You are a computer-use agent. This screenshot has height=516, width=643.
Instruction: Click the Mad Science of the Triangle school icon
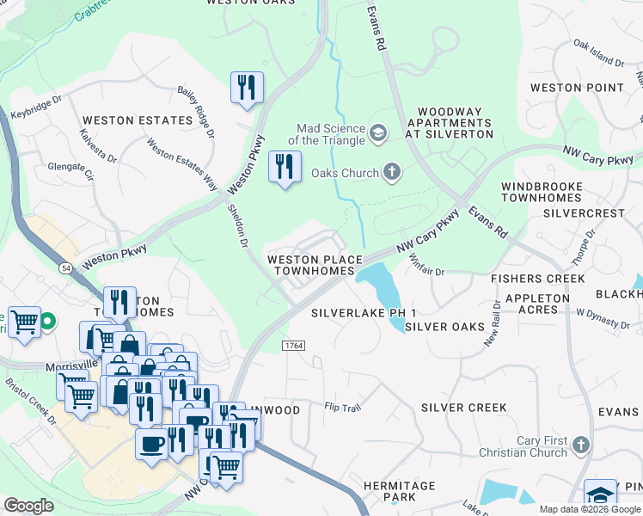pos(377,132)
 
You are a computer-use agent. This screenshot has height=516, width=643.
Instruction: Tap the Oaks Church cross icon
pos(392,173)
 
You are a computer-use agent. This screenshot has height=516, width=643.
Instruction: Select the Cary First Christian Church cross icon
pos(581,445)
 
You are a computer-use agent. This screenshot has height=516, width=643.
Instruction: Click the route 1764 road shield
pos(293,345)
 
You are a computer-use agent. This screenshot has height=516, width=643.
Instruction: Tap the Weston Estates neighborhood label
pos(137,120)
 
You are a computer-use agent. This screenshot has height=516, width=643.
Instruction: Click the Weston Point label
pos(577,88)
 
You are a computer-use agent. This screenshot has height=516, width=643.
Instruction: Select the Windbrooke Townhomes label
pos(542,192)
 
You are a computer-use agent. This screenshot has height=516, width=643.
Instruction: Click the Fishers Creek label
pos(537,279)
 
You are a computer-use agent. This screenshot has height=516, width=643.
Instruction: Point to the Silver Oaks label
pos(444,327)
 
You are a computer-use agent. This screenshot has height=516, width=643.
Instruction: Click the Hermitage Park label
pos(400,491)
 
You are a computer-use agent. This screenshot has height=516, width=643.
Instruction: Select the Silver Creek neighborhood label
pos(464,407)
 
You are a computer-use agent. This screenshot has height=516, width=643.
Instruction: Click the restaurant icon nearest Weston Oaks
pos(247,88)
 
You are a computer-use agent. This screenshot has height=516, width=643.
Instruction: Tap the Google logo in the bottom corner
pos(28,505)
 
